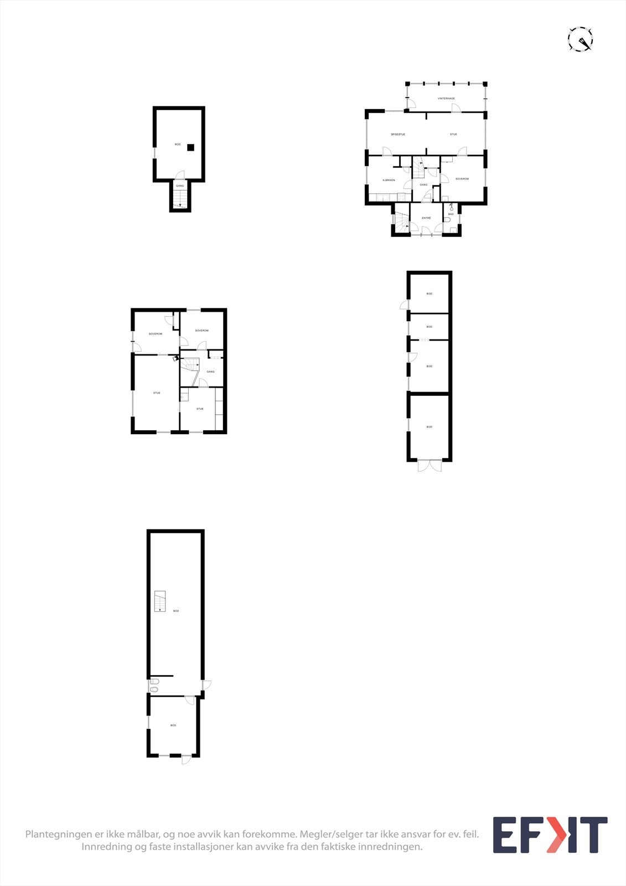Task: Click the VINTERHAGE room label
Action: click(x=446, y=99)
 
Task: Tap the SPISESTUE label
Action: click(x=398, y=135)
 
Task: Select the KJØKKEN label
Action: click(x=389, y=181)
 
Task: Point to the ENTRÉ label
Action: click(x=426, y=218)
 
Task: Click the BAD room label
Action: click(x=451, y=214)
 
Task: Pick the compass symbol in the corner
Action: click(x=581, y=40)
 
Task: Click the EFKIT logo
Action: click(x=550, y=835)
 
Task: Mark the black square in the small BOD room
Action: click(x=190, y=147)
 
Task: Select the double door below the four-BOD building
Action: click(x=430, y=466)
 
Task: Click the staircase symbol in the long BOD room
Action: click(x=160, y=601)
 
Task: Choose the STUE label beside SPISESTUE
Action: click(x=453, y=135)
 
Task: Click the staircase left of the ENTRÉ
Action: click(x=400, y=223)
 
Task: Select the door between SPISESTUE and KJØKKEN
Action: click(x=387, y=151)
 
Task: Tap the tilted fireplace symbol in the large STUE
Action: click(x=175, y=358)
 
